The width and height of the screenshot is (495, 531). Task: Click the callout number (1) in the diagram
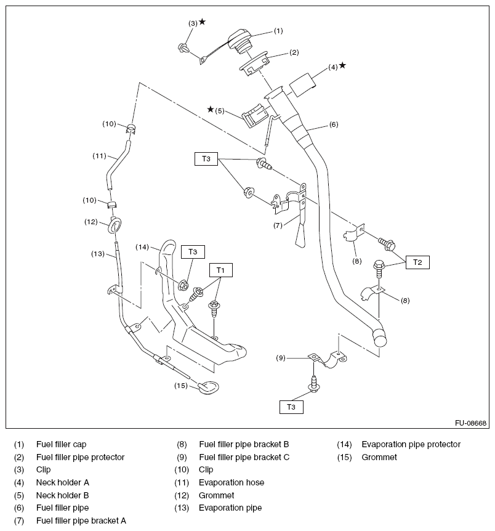pyautogui.click(x=278, y=30)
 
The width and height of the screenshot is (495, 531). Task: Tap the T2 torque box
pyautogui.click(x=417, y=262)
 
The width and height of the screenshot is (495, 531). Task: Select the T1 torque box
pyautogui.click(x=220, y=270)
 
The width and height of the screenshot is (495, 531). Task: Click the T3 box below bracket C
pyautogui.click(x=291, y=407)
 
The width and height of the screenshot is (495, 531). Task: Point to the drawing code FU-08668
pyautogui.click(x=470, y=423)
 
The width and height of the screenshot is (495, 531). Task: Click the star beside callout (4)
pyautogui.click(x=342, y=65)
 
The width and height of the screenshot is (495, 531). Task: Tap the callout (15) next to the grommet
pyautogui.click(x=180, y=386)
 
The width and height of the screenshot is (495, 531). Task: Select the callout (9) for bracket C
pyautogui.click(x=281, y=358)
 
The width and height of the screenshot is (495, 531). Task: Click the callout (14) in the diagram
pyautogui.click(x=142, y=247)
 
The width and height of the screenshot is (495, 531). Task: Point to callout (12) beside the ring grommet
pyautogui.click(x=92, y=222)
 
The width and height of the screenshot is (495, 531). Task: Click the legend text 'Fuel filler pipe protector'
pyautogui.click(x=80, y=457)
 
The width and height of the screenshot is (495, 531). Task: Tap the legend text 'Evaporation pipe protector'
pyautogui.click(x=411, y=444)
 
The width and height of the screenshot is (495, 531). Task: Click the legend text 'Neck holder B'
pyautogui.click(x=62, y=495)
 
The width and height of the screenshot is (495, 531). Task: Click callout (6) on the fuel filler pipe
pyautogui.click(x=333, y=124)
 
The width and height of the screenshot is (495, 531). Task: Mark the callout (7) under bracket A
pyautogui.click(x=278, y=225)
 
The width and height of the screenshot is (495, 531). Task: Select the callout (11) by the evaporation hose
pyautogui.click(x=100, y=156)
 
